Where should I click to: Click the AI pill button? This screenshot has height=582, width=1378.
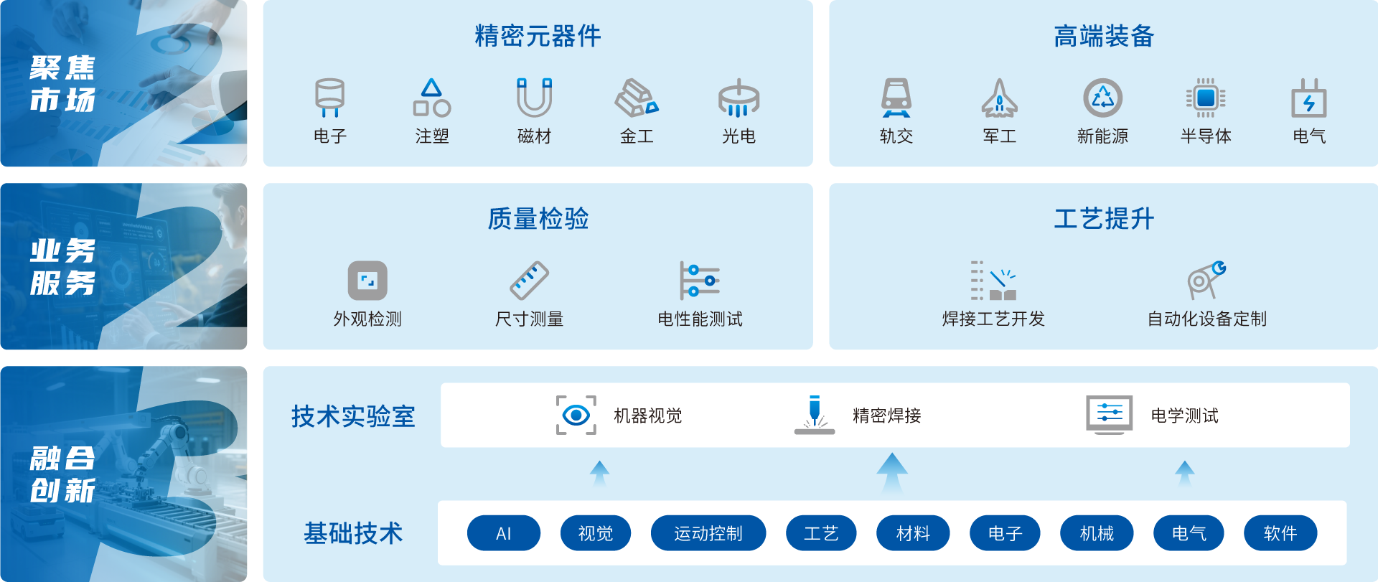point(503,533)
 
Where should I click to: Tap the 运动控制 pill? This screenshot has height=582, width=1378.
point(708,533)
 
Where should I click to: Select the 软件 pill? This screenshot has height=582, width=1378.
point(1280,533)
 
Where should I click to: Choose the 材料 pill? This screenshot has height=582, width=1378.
point(912,533)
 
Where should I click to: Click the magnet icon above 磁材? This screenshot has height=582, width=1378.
point(534,98)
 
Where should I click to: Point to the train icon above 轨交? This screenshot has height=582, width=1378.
point(896,98)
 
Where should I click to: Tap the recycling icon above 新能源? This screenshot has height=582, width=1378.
point(1102,98)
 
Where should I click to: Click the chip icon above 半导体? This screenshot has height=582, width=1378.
point(1206,98)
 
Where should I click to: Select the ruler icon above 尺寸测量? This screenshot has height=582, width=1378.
point(529,280)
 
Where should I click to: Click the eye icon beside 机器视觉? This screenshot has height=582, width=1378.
point(576,415)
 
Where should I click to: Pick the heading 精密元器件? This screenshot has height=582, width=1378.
point(538,36)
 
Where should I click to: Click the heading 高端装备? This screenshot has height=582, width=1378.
point(1103,36)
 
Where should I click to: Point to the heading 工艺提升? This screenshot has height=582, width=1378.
point(1103,218)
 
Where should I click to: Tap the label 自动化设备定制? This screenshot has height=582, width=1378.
point(1206,319)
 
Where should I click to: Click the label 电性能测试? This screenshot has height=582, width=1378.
point(700,319)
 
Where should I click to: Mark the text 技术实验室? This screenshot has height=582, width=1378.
point(353,416)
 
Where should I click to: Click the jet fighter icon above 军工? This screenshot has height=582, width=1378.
point(999,98)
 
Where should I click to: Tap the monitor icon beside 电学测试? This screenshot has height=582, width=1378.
point(1109,415)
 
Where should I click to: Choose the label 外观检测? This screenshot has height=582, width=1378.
point(367,319)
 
